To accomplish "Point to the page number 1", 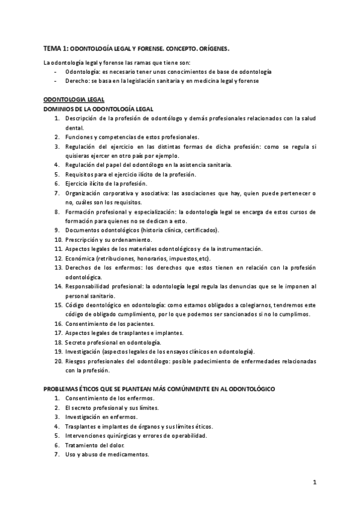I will (x=314, y=481).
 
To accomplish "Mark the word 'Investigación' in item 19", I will (x=84, y=352).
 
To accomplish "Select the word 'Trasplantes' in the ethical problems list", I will (x=82, y=426).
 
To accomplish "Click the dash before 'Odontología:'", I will (x=55, y=71).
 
